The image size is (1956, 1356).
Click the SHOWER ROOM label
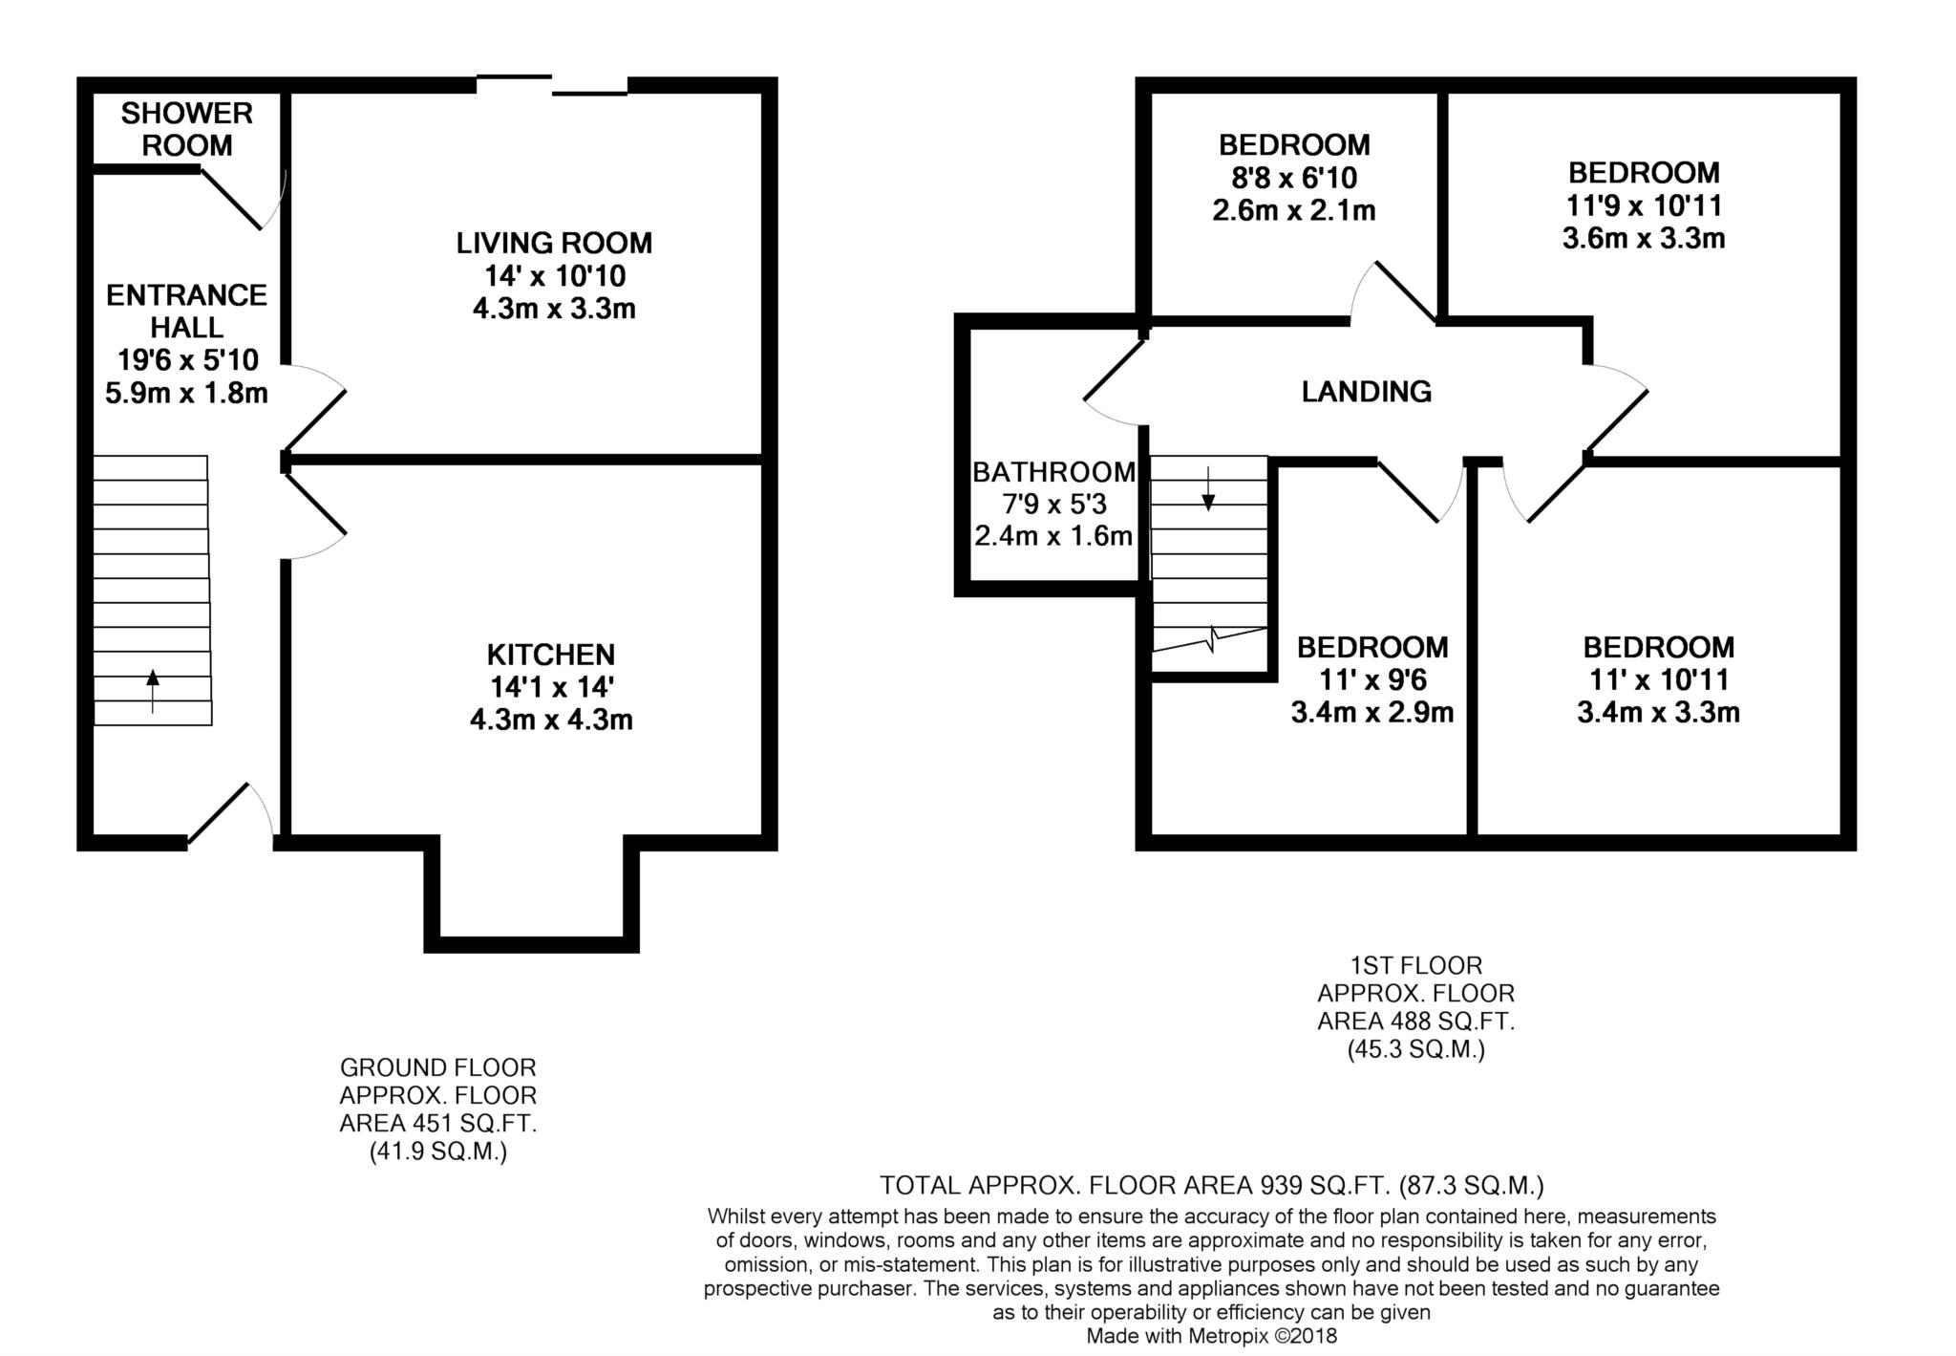point(187,129)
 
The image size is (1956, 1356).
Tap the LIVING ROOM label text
point(554,243)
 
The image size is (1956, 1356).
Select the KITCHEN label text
point(551,655)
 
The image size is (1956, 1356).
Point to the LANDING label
point(1367,391)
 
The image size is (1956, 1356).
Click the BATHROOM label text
point(1053,472)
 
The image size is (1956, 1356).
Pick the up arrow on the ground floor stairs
point(153,692)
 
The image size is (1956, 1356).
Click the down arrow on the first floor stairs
point(1208,488)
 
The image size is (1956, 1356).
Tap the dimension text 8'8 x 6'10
point(1294,178)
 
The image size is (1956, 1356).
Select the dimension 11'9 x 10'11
point(1644,205)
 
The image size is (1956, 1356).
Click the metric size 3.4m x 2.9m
point(1372,713)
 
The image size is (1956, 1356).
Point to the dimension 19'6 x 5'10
point(187,360)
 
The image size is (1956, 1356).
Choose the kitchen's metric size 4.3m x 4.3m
point(551,720)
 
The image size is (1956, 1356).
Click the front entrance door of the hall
point(230,813)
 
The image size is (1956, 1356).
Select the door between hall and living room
point(315,408)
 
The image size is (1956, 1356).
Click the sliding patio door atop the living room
point(552,85)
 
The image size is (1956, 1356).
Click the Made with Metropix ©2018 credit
point(1212,1336)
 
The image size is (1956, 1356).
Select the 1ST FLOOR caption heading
point(1416,965)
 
